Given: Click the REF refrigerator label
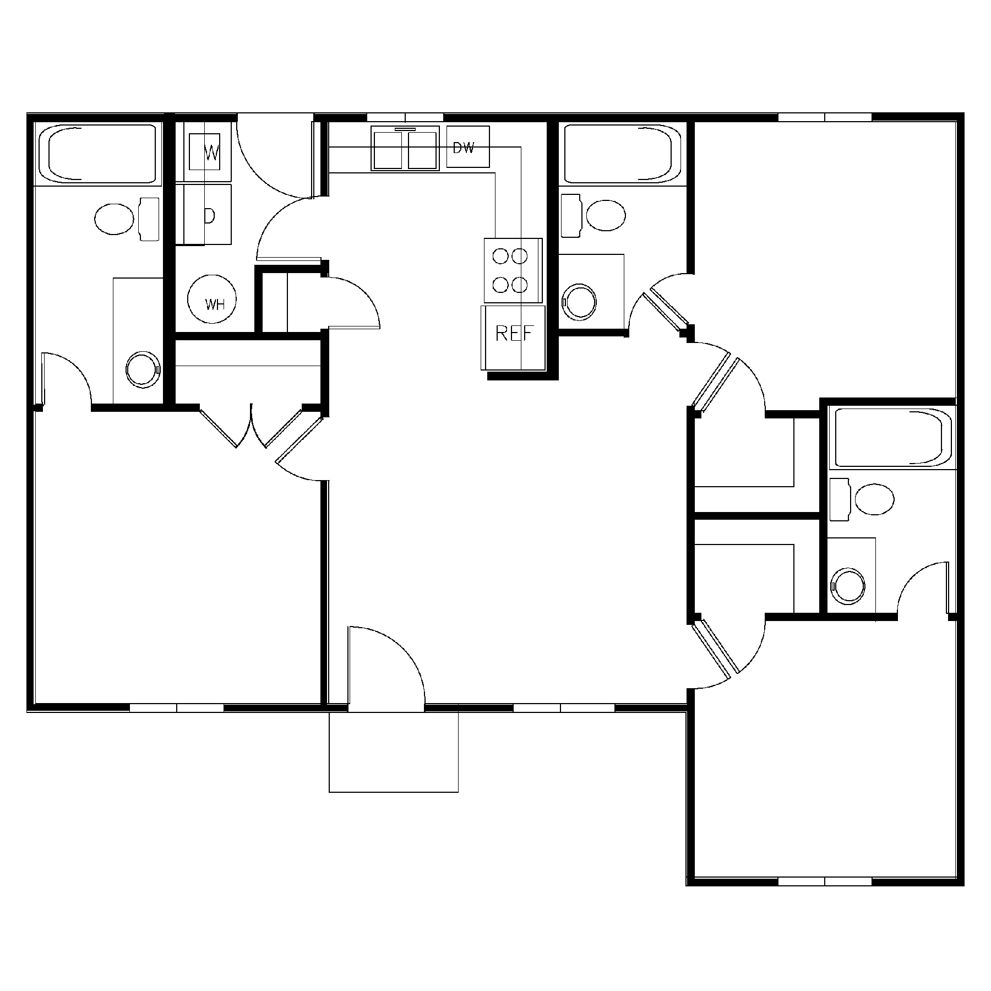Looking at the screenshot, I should pyautogui.click(x=514, y=334).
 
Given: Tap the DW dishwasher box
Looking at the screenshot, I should pyautogui.click(x=467, y=147).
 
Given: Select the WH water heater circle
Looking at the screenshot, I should pyautogui.click(x=212, y=302).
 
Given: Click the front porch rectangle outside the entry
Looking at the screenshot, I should pyautogui.click(x=393, y=752).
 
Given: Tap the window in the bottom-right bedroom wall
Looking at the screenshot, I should pyautogui.click(x=824, y=896).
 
